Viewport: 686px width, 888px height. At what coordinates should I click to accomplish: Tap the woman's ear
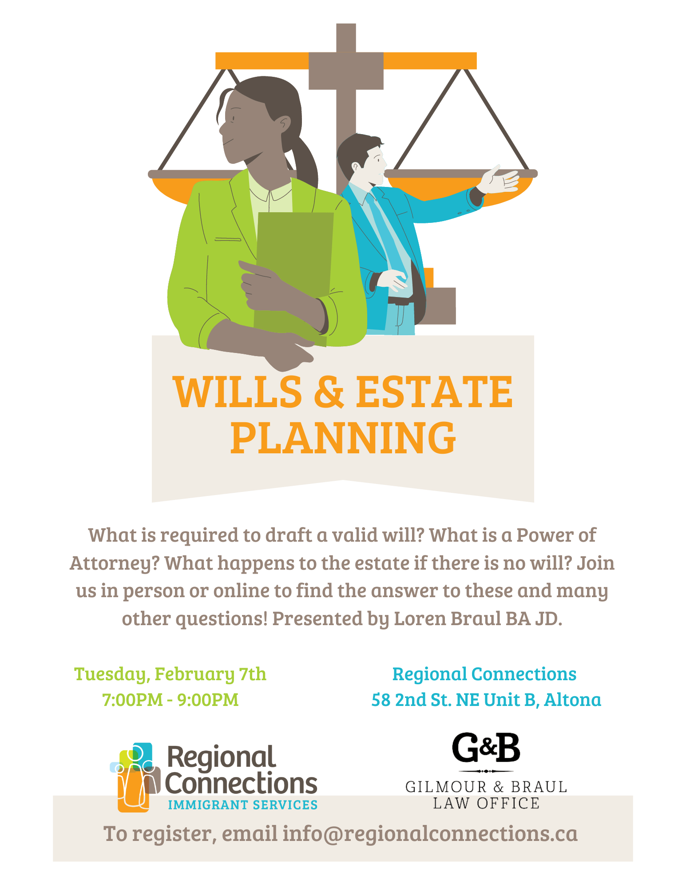(284, 123)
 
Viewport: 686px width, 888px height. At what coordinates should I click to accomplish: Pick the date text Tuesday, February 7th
(170, 674)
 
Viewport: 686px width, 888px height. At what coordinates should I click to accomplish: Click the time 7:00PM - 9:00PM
(171, 700)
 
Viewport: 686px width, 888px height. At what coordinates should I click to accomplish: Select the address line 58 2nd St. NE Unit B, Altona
(486, 700)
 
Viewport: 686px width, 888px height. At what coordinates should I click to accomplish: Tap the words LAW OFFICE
(486, 803)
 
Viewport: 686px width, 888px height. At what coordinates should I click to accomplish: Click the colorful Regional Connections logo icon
(135, 778)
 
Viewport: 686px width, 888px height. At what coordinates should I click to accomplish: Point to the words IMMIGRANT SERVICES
(243, 805)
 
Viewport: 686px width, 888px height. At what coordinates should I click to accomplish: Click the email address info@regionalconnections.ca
(430, 833)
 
